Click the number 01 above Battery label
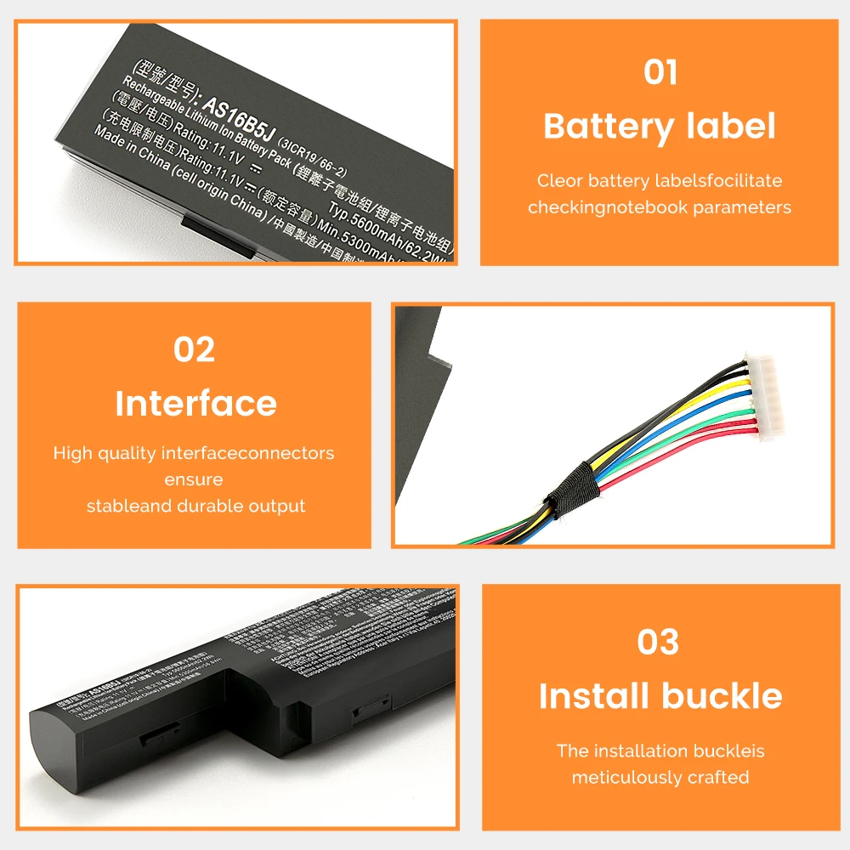coord(660,72)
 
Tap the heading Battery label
coord(660,127)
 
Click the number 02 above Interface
coord(195,349)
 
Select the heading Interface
coord(195,404)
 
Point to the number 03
coord(659,643)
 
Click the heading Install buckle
coord(660,696)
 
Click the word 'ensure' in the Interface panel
coord(194,479)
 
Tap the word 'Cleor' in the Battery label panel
coord(559,180)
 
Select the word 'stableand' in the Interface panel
coord(128,506)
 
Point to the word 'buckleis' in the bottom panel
coord(727,751)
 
